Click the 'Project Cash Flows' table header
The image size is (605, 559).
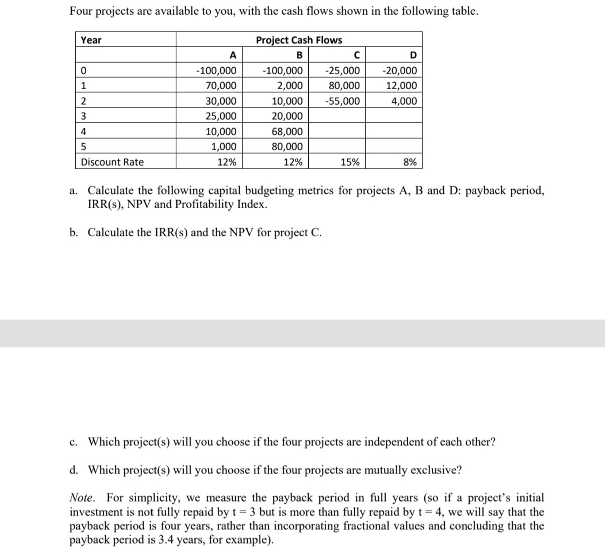(x=299, y=40)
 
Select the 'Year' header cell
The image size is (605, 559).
(x=91, y=40)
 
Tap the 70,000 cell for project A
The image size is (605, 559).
(x=221, y=86)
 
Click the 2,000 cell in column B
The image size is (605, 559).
(x=290, y=86)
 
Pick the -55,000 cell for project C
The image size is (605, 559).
(x=342, y=101)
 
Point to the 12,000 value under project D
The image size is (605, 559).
(x=401, y=86)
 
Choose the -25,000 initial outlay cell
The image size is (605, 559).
(x=342, y=71)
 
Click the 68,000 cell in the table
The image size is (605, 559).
(x=287, y=132)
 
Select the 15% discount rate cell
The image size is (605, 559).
(x=350, y=162)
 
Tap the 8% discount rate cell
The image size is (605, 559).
(x=410, y=162)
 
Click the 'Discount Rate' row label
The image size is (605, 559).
(x=112, y=162)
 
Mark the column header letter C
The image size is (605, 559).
(x=357, y=55)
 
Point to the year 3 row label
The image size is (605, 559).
(x=84, y=116)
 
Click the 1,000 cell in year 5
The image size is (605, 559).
(x=224, y=147)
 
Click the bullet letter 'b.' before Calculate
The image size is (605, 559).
(x=74, y=233)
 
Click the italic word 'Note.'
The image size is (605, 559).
(x=82, y=498)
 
